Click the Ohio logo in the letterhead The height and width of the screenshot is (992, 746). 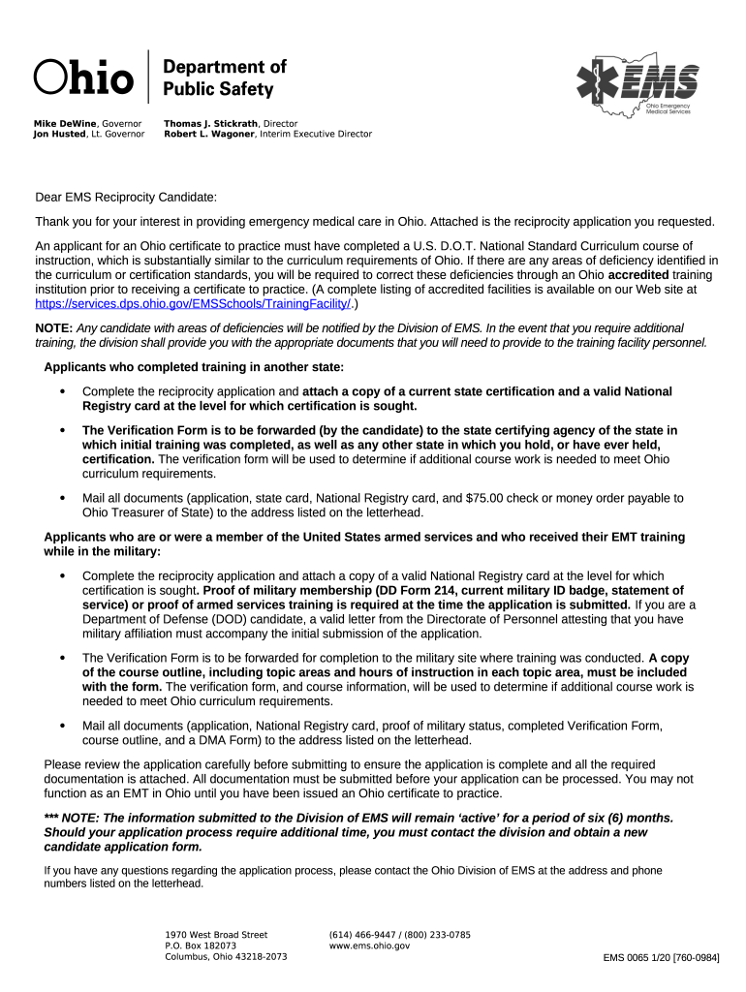83,77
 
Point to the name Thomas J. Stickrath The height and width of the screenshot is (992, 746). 211,124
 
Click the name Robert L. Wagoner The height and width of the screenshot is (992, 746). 208,135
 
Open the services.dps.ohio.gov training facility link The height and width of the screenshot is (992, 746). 192,303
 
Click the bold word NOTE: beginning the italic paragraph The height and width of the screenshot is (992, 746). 53,328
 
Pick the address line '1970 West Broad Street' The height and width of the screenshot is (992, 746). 216,935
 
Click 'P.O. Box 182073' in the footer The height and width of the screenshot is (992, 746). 201,945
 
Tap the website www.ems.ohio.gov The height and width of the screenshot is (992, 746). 369,945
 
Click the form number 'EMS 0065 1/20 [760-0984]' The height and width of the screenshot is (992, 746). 661,957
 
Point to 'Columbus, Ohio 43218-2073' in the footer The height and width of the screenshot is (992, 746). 226,956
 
